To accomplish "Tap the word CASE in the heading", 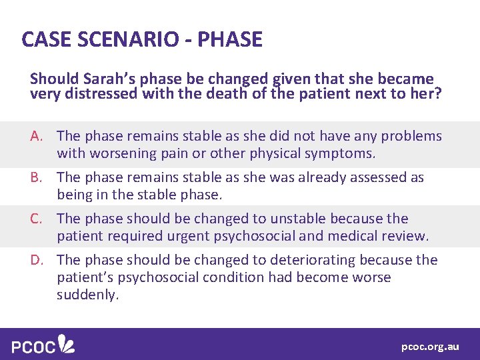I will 45,39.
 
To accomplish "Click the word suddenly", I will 87,295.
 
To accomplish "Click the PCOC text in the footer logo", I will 33,346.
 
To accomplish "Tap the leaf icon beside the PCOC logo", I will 67,344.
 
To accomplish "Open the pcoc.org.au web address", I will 430,347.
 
